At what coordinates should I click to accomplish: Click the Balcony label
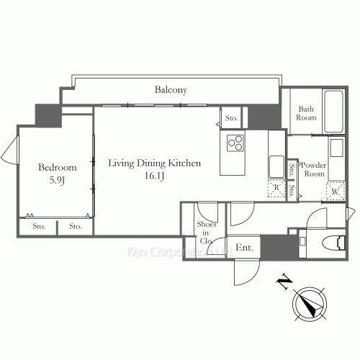tap(171, 90)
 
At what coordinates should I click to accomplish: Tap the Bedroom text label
tap(58, 167)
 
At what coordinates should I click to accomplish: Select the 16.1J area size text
tap(154, 176)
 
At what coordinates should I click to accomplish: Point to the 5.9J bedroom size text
tap(57, 180)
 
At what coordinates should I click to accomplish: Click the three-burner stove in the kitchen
tap(235, 143)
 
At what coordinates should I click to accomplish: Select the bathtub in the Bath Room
tap(333, 112)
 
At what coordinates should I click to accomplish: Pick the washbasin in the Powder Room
tap(336, 148)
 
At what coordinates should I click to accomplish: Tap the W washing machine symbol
tap(336, 192)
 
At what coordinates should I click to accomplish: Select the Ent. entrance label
tap(244, 247)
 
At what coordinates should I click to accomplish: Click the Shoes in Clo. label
tap(206, 233)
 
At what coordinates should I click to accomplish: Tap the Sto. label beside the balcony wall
tap(231, 118)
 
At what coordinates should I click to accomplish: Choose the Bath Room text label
tap(306, 113)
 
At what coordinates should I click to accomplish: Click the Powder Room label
tap(314, 169)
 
